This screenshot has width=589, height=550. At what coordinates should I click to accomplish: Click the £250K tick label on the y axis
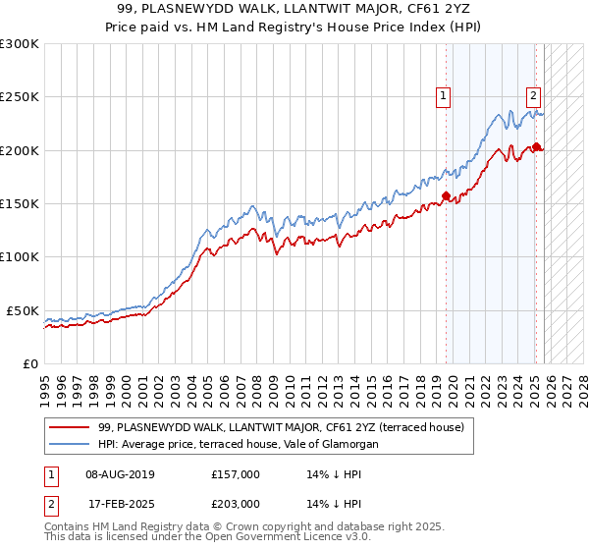[20, 97]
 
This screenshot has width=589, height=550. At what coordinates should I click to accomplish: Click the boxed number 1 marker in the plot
[444, 96]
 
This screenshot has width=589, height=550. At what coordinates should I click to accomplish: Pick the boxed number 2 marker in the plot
[533, 96]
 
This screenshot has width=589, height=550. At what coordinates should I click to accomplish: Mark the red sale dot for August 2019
[446, 195]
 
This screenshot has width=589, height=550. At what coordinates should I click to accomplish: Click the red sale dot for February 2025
[536, 147]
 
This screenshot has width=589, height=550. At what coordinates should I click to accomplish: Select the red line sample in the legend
[70, 427]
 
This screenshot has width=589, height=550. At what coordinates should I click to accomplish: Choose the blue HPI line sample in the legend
[70, 445]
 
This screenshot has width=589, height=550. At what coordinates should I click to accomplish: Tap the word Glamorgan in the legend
[345, 445]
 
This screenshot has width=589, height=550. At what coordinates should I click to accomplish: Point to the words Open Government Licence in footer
[257, 538]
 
